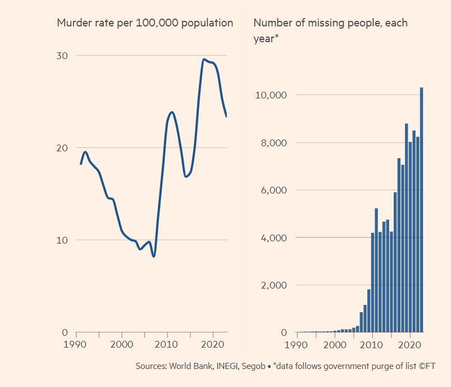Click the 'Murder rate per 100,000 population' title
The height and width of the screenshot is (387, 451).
click(x=145, y=23)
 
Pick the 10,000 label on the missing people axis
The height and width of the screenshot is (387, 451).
click(x=271, y=95)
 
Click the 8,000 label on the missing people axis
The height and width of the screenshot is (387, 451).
click(x=274, y=143)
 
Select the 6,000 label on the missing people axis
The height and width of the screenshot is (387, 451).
click(x=274, y=190)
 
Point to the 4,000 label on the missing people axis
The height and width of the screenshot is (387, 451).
click(x=274, y=238)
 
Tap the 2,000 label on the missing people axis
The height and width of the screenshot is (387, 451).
click(x=274, y=285)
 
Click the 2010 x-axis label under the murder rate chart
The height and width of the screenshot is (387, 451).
click(x=166, y=344)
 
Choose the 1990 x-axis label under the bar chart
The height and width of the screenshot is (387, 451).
click(x=298, y=344)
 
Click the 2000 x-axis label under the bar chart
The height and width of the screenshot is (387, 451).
click(x=335, y=344)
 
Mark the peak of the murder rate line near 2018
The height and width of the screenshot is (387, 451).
click(x=204, y=59)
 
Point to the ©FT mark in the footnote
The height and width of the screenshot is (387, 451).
click(x=427, y=366)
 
